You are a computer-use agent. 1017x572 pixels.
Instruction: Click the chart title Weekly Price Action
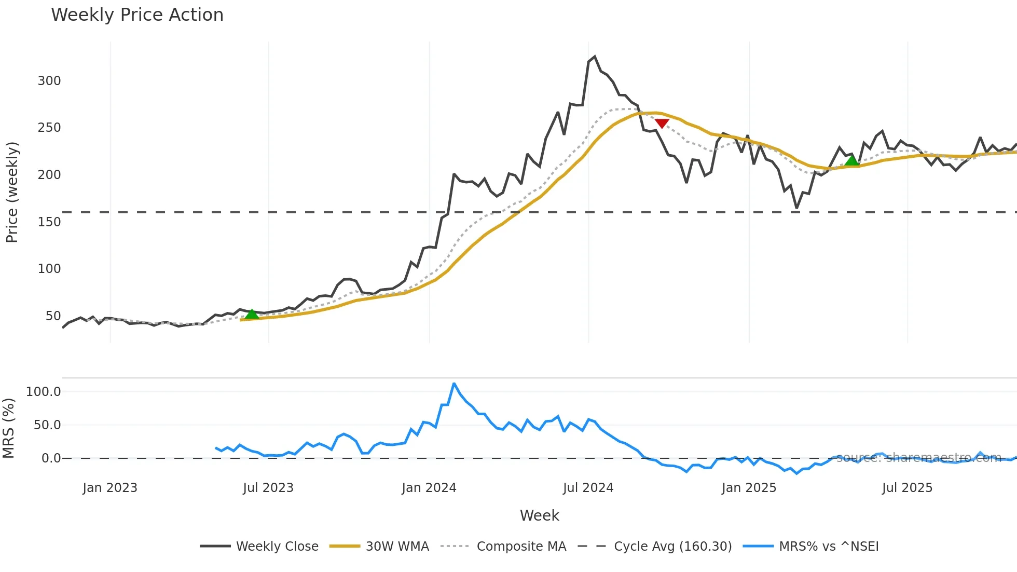(137, 15)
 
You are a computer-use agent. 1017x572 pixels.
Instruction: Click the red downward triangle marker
(662, 123)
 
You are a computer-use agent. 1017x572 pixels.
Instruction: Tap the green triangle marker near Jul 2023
(252, 314)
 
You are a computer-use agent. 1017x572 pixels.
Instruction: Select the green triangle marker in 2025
(851, 160)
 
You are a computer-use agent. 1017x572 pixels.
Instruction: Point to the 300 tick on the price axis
(49, 81)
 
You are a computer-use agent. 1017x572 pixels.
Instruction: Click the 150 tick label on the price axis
(49, 222)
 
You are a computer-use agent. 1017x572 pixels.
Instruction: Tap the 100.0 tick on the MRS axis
(44, 392)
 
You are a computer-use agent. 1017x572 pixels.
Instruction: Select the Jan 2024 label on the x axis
(429, 488)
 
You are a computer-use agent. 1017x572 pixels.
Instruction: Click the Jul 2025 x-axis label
(907, 488)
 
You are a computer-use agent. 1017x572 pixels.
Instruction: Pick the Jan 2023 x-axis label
(110, 488)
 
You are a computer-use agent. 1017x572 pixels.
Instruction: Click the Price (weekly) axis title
(12, 192)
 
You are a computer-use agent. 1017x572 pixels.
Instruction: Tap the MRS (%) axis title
(8, 428)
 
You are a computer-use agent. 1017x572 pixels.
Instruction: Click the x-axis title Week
(539, 515)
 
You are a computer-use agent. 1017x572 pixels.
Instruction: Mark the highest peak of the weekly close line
(595, 57)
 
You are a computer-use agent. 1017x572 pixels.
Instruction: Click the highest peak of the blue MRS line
(454, 384)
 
